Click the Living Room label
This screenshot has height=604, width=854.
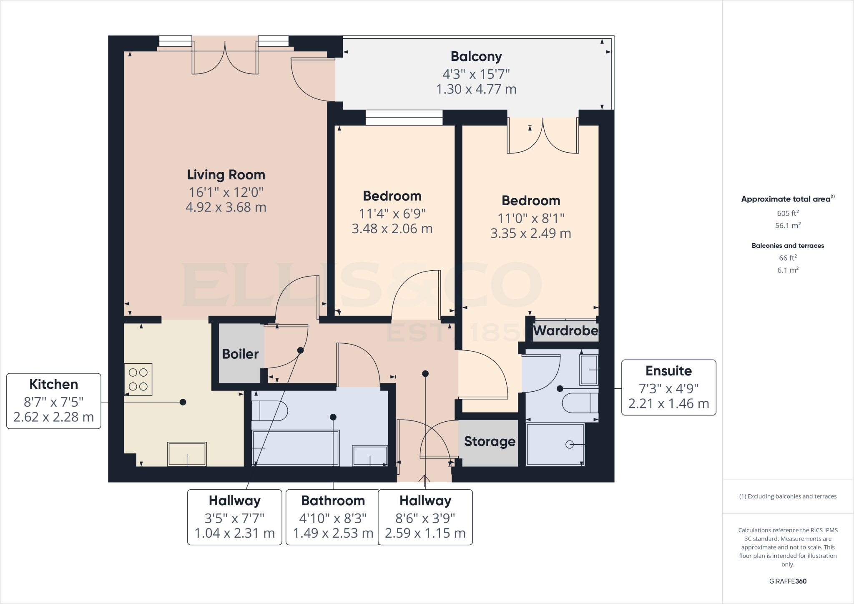226,175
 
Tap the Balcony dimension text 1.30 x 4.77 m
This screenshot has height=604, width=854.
476,89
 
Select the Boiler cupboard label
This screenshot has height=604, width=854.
240,354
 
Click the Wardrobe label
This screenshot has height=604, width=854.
565,331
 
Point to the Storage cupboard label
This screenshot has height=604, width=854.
490,441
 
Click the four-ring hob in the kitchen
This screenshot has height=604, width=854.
138,379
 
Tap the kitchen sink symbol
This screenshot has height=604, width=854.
187,454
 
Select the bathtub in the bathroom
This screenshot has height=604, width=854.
295,448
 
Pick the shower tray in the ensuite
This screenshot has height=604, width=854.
555,444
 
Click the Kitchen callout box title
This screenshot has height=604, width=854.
53,384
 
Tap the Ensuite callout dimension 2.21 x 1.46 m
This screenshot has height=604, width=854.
668,404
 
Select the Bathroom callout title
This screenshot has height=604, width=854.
333,501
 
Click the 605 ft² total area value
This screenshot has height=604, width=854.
788,213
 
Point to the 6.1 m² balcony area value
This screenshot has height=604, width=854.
788,270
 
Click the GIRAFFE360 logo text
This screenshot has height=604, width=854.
788,581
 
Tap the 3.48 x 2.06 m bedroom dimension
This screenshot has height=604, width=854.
392,229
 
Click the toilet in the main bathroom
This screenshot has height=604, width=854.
269,411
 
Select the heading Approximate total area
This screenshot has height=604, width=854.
786,199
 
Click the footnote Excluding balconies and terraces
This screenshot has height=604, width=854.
788,496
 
